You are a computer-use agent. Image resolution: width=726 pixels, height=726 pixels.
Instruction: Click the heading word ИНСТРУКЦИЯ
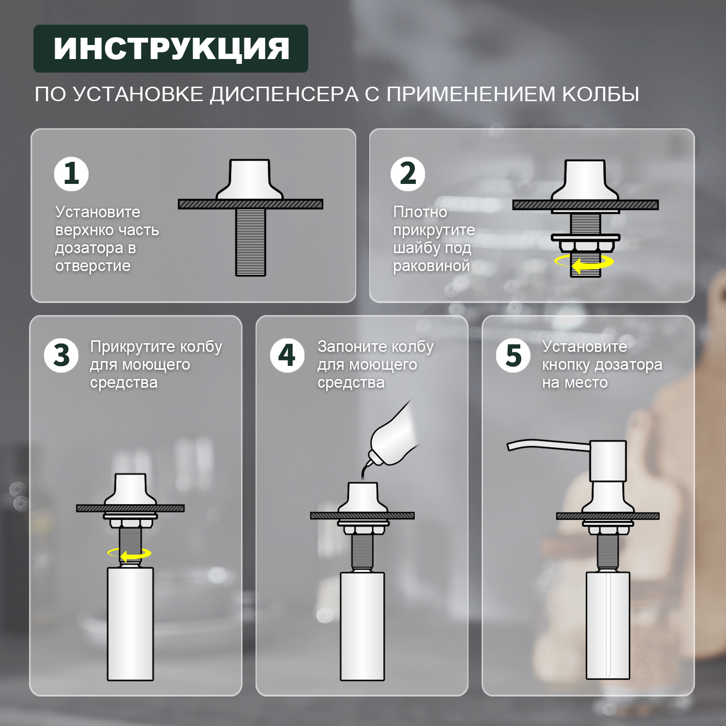pyautogui.click(x=171, y=49)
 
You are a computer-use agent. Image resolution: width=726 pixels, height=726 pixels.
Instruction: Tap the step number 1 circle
pyautogui.click(x=71, y=174)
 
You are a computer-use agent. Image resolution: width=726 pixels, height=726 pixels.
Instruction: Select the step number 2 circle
pyautogui.click(x=408, y=174)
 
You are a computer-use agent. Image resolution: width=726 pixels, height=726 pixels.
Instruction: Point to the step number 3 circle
pyautogui.click(x=61, y=356)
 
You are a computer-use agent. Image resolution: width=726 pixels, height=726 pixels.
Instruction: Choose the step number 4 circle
pyautogui.click(x=287, y=356)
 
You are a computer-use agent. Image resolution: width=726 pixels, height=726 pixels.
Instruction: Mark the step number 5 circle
pyautogui.click(x=513, y=356)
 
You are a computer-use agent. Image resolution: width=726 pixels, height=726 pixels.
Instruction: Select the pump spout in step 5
pyautogui.click(x=547, y=445)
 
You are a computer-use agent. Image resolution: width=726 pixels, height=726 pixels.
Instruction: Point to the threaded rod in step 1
pyautogui.click(x=251, y=242)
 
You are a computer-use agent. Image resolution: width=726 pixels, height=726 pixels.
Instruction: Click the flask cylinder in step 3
pyautogui.click(x=130, y=624)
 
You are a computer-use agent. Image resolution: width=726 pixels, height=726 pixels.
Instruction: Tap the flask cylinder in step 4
pyautogui.click(x=362, y=627)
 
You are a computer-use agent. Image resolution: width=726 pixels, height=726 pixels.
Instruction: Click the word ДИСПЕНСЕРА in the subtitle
pyautogui.click(x=284, y=94)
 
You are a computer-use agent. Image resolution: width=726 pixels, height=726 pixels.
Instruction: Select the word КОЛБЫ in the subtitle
pyautogui.click(x=600, y=94)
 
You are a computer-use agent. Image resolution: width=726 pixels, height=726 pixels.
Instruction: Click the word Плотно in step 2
pyautogui.click(x=420, y=212)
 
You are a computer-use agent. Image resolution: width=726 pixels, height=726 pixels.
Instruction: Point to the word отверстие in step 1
pyautogui.click(x=92, y=266)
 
